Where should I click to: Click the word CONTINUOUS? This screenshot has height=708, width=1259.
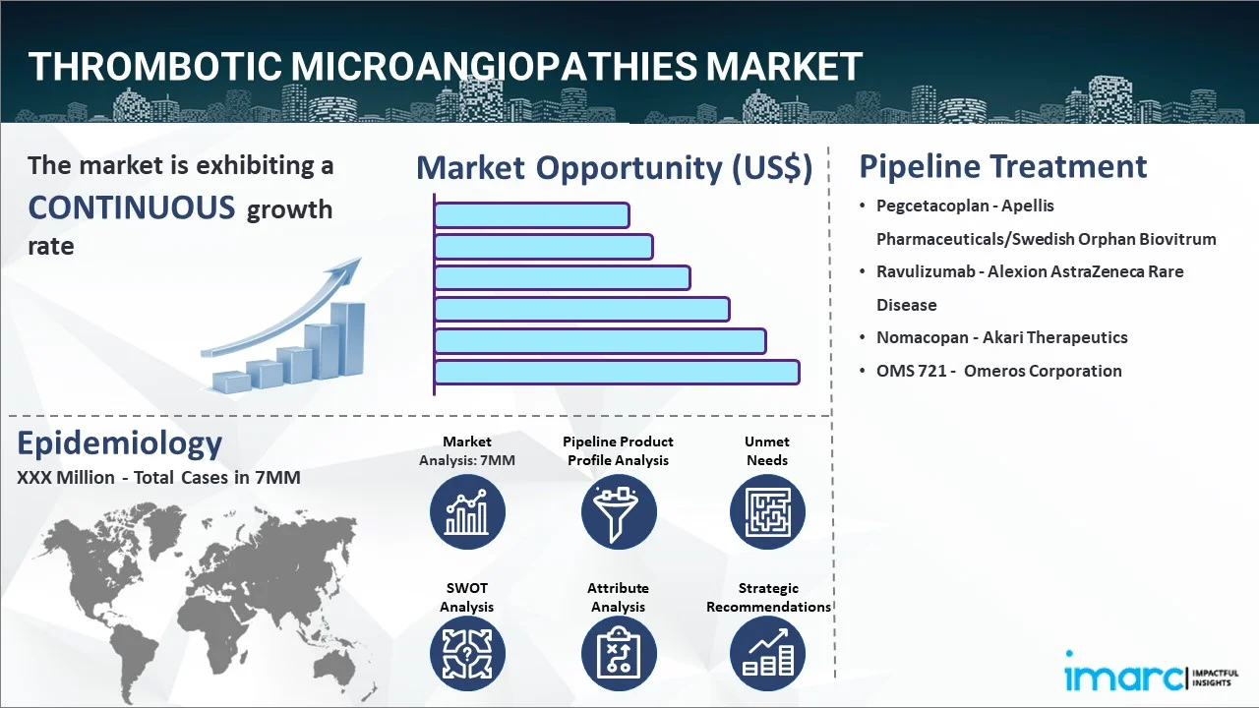132,207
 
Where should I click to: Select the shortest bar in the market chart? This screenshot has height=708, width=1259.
532,215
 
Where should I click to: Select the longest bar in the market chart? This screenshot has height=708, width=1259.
617,373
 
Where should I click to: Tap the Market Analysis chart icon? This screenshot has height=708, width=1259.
467,512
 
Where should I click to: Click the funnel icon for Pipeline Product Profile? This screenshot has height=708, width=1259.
619,512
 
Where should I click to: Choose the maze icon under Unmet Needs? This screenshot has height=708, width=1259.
767,512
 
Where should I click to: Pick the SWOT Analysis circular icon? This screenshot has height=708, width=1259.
467,654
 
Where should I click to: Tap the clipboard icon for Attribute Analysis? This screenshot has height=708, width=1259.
619,654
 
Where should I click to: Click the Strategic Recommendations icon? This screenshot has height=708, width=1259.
767,654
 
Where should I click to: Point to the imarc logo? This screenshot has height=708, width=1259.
1152,675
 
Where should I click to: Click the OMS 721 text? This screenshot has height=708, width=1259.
912,371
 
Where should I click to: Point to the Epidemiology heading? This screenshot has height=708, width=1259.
120,443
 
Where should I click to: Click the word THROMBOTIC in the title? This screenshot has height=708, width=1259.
155,66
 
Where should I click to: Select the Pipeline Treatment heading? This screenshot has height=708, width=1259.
1002,167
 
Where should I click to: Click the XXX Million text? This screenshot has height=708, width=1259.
66,478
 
